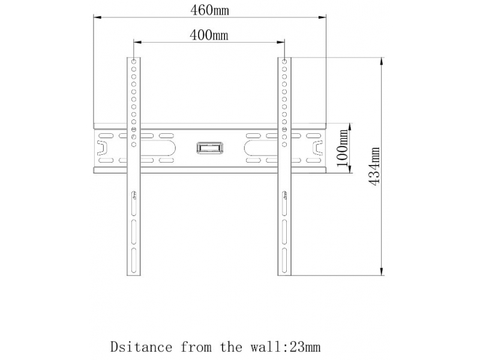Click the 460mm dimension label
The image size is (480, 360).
pos(209,10)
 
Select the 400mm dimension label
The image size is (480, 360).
pos(209,35)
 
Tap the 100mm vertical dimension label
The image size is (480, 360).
pos(343,148)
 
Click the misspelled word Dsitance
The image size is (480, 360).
pos(141,347)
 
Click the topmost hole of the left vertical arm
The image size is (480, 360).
pos(134,62)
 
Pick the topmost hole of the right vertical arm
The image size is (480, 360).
pos(284,62)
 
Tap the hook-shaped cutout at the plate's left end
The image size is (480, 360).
pos(102,148)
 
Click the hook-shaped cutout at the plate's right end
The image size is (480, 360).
pos(317,148)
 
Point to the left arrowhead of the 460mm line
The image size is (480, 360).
pos(97,17)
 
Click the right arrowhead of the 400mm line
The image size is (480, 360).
pos(281,42)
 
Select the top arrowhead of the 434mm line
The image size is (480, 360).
pos(381,61)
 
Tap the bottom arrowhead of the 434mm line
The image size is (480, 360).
pos(381,271)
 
